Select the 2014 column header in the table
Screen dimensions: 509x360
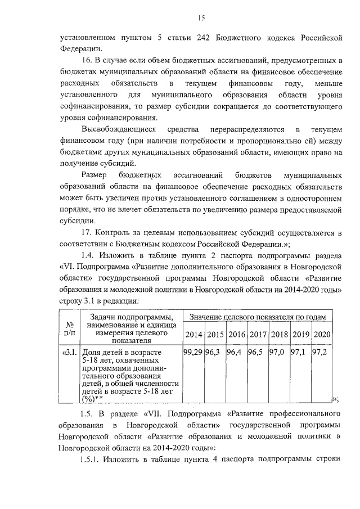pos(193,335)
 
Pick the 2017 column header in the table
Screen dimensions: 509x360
pos(258,335)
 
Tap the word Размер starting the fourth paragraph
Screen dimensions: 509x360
pos(93,175)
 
